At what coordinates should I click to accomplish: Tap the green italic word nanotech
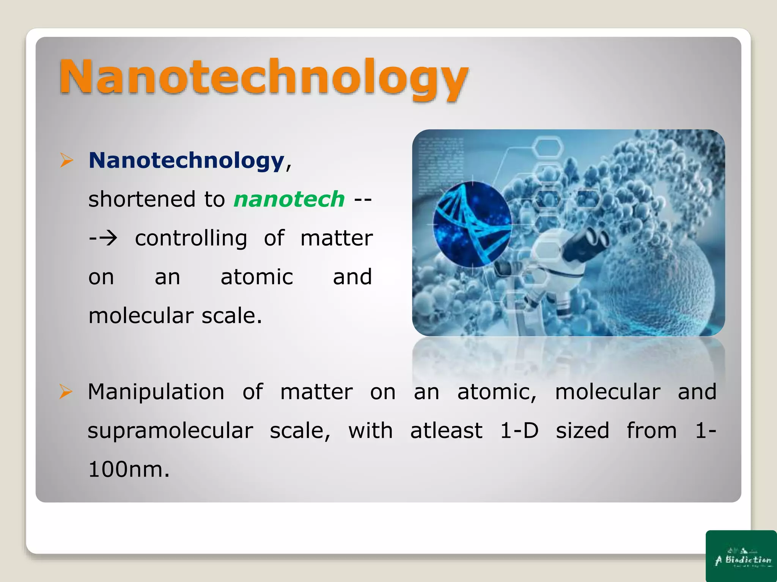pos(289,199)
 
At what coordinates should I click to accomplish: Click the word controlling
pos(191,238)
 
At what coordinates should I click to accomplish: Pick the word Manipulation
pos(156,392)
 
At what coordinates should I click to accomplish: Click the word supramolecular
pos(170,431)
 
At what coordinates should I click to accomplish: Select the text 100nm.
pos(129,469)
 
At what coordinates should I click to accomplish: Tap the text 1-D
pos(519,431)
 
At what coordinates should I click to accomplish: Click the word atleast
pos(446,431)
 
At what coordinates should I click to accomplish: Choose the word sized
pos(582,431)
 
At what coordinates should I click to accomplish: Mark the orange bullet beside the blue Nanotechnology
pos(66,160)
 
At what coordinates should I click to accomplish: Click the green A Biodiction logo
pos(741,556)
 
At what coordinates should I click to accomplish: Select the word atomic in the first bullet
pos(257,277)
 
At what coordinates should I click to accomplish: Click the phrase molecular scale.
pos(175,316)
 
